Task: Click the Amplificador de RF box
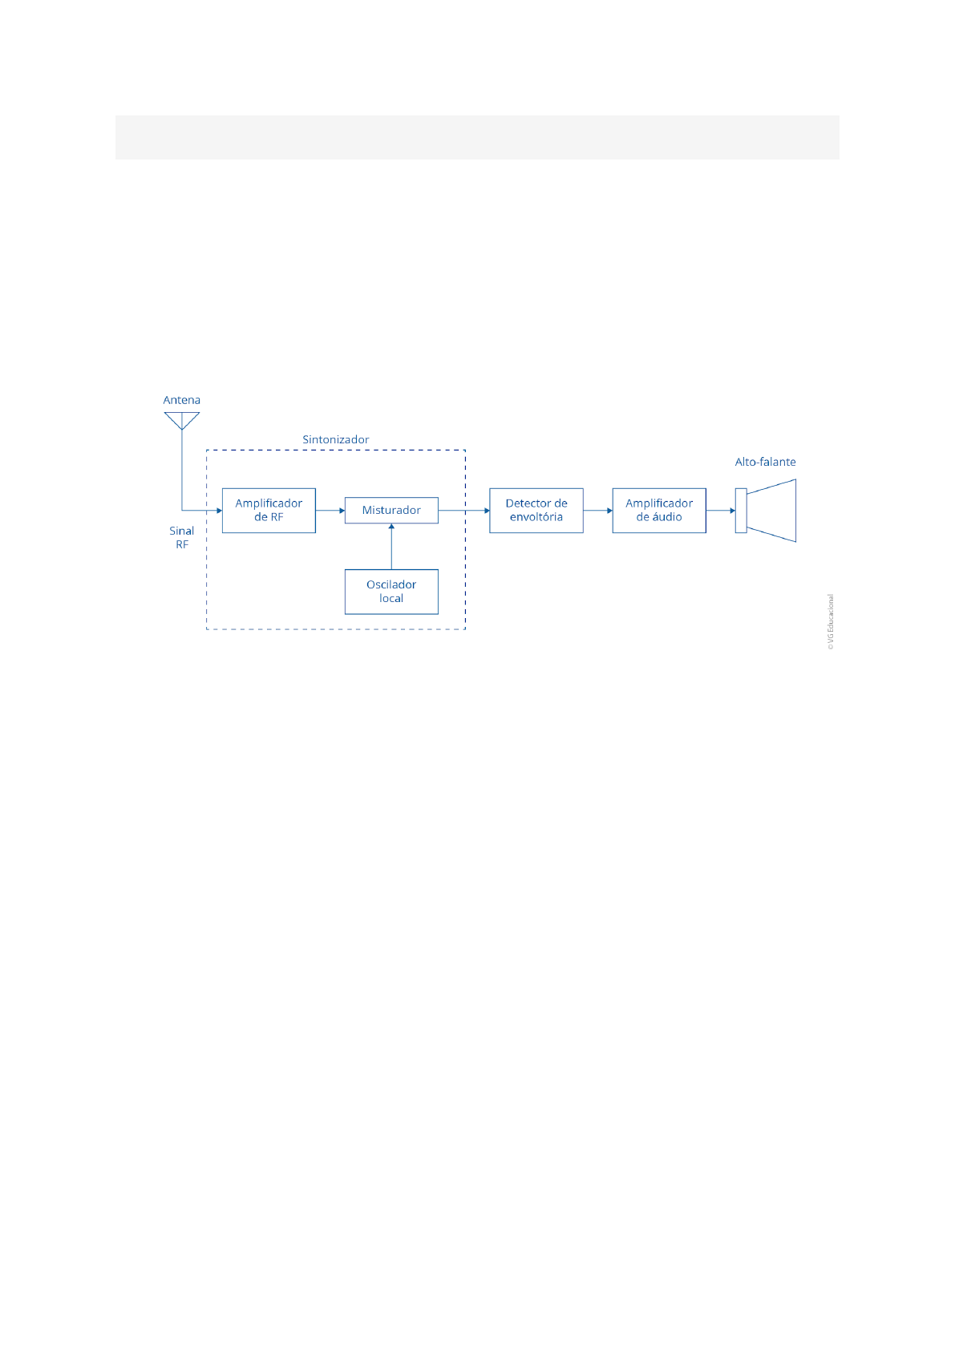[269, 511]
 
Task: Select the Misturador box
[391, 511]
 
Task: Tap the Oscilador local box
[391, 592]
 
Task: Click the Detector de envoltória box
[536, 511]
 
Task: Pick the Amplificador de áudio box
[659, 511]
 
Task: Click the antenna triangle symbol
[182, 419]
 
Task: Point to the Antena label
[182, 400]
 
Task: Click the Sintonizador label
[335, 439]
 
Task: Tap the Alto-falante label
[765, 462]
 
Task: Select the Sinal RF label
[182, 537]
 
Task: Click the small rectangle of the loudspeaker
[741, 511]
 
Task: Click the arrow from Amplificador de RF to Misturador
[330, 511]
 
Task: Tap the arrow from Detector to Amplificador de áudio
[597, 511]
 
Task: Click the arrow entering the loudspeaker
[721, 511]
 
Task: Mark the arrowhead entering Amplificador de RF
[218, 511]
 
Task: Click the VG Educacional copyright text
[831, 622]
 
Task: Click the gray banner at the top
[477, 137]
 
